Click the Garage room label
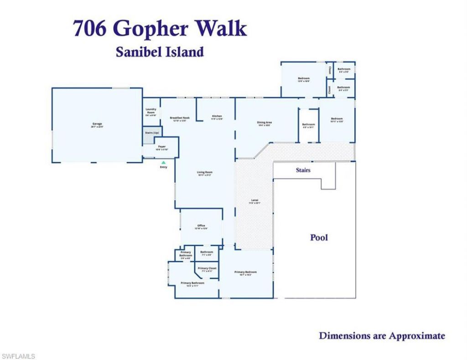point(97,124)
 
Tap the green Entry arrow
point(163,162)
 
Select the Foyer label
point(162,147)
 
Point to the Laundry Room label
point(151,111)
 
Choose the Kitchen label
point(217,117)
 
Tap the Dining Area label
point(265,123)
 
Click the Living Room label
point(205,172)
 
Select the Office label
point(201,226)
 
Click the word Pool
point(319,237)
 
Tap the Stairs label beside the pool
point(303,170)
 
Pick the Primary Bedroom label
point(246,273)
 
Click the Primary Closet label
point(207,268)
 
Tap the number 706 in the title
point(90,29)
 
